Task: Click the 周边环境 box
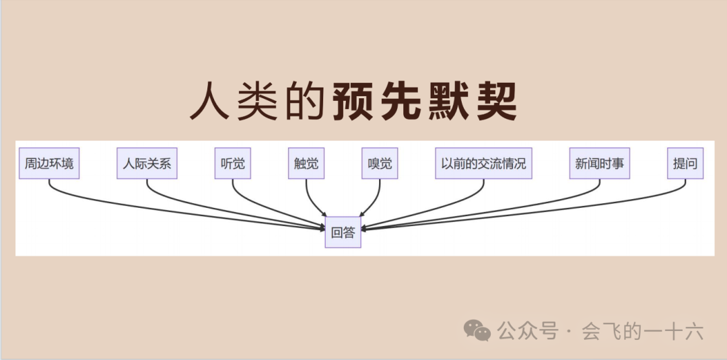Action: pyautogui.click(x=49, y=164)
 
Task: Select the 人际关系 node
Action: pyautogui.click(x=147, y=164)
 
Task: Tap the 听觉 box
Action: pyautogui.click(x=232, y=164)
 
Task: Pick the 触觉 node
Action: pyautogui.click(x=306, y=164)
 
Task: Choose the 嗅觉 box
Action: pyautogui.click(x=380, y=164)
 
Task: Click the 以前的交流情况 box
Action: pyautogui.click(x=483, y=164)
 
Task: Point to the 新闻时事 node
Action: pyautogui.click(x=599, y=164)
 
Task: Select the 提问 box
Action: pyautogui.click(x=685, y=164)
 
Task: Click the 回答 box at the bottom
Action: pyautogui.click(x=343, y=233)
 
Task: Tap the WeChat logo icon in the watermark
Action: pyautogui.click(x=479, y=330)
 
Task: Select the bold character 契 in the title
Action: pyautogui.click(x=495, y=102)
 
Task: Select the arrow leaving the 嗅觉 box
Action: pyautogui.click(x=374, y=202)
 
